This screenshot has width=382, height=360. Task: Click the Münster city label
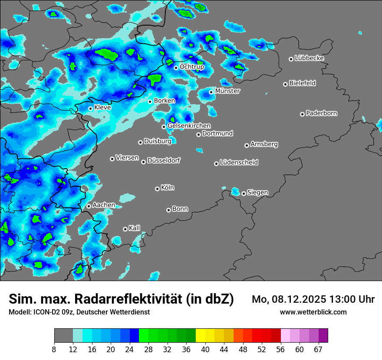pyautogui.click(x=227, y=91)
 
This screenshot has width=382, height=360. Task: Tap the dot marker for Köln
pyautogui.click(x=157, y=189)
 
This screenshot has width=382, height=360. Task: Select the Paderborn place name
pyautogui.click(x=322, y=113)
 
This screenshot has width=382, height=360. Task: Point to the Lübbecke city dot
pyautogui.click(x=291, y=59)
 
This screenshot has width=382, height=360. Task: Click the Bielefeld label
pyautogui.click(x=303, y=83)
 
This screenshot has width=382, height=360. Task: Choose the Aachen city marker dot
pyautogui.click(x=89, y=206)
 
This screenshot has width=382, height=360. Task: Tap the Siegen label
pyautogui.click(x=257, y=192)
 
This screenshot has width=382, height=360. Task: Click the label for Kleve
pyautogui.click(x=102, y=107)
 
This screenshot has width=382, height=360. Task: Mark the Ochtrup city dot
pyautogui.click(x=176, y=68)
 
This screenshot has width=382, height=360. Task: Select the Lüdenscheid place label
pyautogui.click(x=239, y=162)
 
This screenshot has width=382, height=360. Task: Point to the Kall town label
pyautogui.click(x=135, y=228)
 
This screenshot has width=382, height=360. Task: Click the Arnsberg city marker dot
pyautogui.click(x=247, y=145)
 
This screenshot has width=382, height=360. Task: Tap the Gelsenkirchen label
pyautogui.click(x=189, y=126)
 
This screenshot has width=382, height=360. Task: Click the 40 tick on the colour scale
pyautogui.click(x=205, y=349)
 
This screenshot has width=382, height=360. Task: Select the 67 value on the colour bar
pyautogui.click(x=318, y=349)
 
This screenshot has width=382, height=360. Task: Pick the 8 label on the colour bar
pyautogui.click(x=54, y=349)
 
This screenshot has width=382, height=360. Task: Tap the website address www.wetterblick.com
pyautogui.click(x=313, y=312)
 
